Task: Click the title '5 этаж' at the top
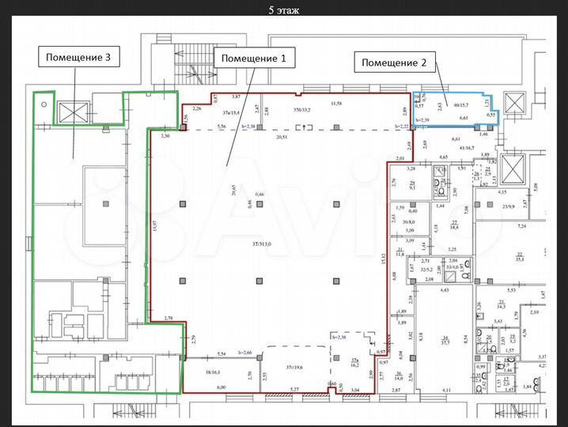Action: (284, 10)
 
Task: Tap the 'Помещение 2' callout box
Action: (394, 62)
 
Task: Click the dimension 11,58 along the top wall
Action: (337, 104)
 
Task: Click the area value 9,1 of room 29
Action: (412, 188)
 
